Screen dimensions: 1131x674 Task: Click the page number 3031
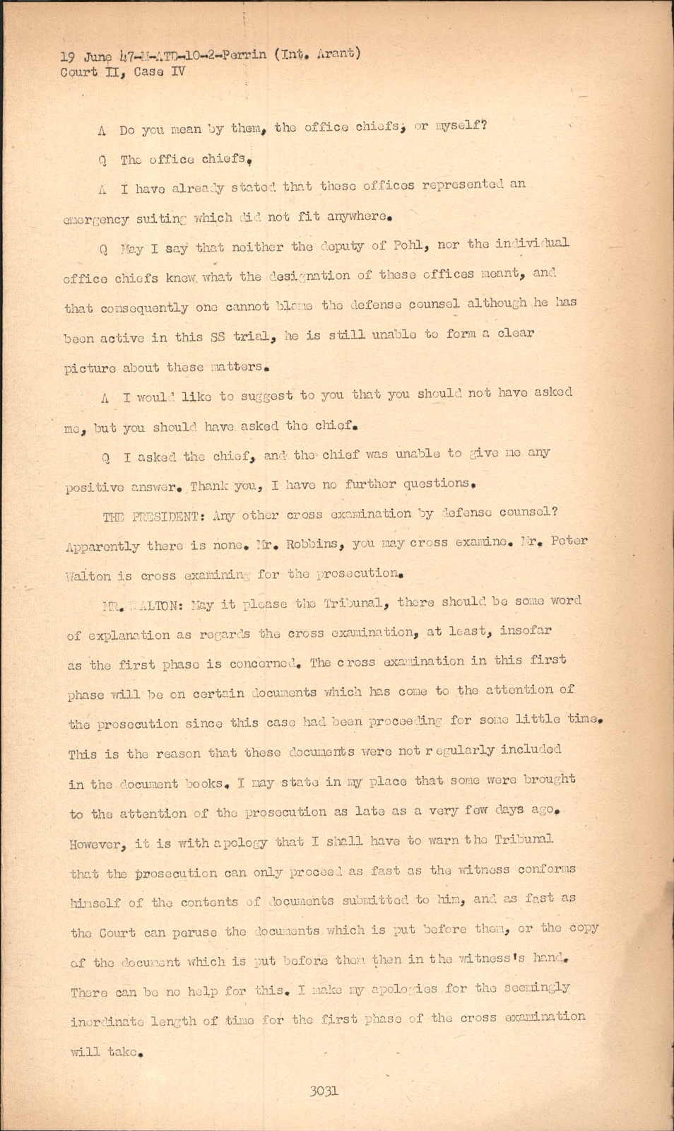pyautogui.click(x=324, y=1091)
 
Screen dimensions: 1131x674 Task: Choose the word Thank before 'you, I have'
pyautogui.click(x=209, y=486)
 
